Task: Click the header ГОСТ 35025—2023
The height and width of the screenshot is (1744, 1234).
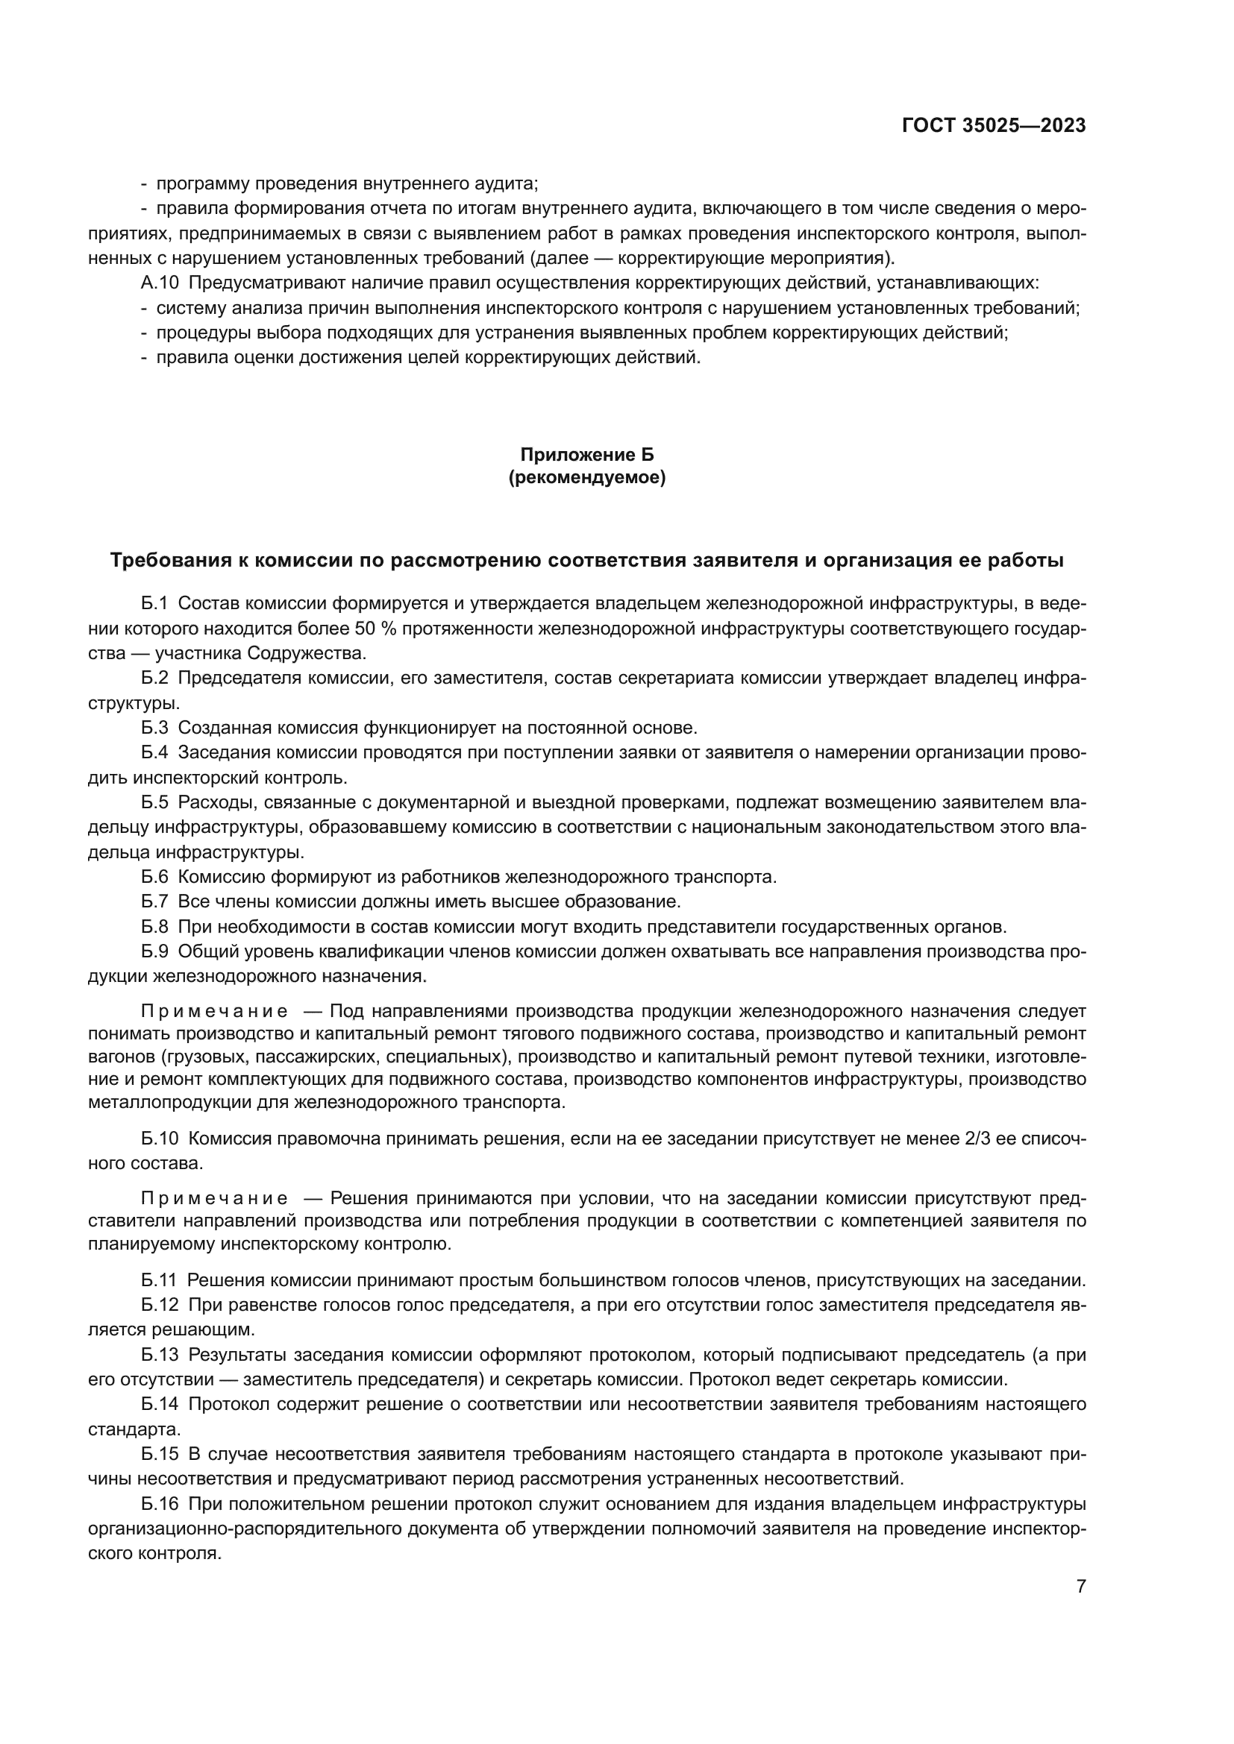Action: [993, 126]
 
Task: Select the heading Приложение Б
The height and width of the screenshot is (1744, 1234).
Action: [586, 455]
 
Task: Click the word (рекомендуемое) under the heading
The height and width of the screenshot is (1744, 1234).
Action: [586, 479]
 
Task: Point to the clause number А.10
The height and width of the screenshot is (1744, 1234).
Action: [160, 283]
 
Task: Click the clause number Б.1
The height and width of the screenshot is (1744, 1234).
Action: [154, 604]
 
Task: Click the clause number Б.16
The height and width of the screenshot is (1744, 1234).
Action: [160, 1505]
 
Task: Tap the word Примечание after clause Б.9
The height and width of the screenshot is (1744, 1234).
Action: [214, 1011]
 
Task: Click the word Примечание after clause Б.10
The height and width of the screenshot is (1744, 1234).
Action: [214, 1199]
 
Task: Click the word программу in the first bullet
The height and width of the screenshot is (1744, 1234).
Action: [202, 184]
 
